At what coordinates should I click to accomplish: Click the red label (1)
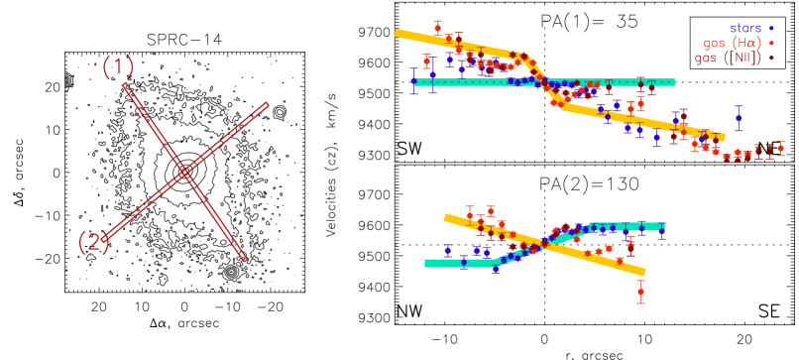coord(118,67)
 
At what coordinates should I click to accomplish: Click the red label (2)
coord(93,242)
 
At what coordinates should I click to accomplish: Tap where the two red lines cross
coord(184,173)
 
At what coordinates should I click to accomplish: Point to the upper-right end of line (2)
coord(267,103)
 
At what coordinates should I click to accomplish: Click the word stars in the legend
coord(744,28)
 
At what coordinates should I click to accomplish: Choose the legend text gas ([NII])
coord(728,58)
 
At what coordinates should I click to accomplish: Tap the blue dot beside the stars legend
coord(770,28)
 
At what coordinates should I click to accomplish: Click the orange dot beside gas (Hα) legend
coord(770,43)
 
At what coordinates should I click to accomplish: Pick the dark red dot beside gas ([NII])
coord(770,58)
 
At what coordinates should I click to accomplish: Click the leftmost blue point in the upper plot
coord(414,81)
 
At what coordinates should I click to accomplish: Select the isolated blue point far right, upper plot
coord(738,118)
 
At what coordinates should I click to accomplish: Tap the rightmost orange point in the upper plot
coord(780,148)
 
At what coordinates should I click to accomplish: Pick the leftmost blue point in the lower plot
coord(447,250)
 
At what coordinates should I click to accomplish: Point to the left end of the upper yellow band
coord(397,33)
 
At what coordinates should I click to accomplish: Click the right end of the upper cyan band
coord(673,83)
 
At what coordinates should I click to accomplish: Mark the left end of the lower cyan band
coord(426,263)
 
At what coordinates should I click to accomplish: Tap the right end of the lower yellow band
coord(644,272)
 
